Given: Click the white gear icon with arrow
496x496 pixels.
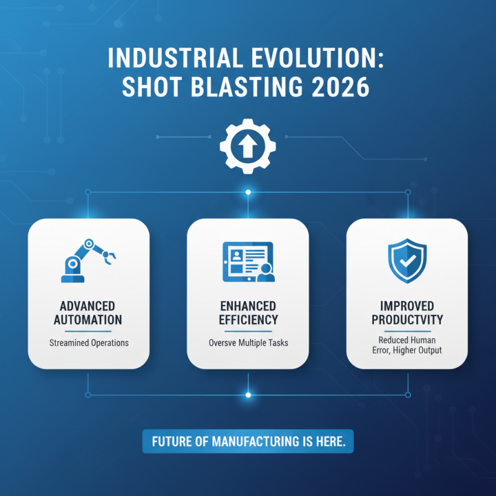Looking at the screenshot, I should point(248,146).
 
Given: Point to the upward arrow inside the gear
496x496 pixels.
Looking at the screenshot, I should point(248,146).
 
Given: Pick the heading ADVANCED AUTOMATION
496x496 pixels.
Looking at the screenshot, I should point(87,313).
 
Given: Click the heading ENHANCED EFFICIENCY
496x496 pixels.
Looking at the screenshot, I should point(248,313).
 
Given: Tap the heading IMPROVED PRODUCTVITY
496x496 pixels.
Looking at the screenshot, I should point(407,313).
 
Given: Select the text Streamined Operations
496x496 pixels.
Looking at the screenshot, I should point(87,342).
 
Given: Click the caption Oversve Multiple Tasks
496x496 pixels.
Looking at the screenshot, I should point(248,342).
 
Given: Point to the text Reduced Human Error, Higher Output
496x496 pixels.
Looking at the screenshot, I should point(407,346).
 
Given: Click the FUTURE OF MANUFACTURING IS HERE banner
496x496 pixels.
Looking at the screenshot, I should point(248,441).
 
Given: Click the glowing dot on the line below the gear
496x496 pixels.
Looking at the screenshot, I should point(248,192).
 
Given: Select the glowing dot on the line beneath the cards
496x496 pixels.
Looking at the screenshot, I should point(248,394).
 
